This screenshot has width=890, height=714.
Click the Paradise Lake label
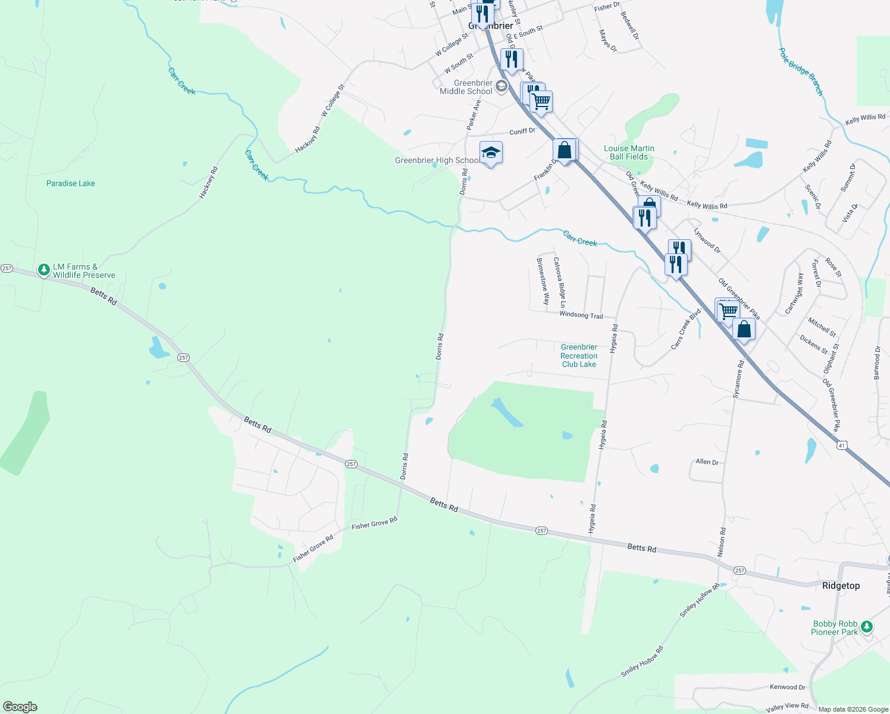[70, 183]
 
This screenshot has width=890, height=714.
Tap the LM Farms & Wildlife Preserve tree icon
[43, 270]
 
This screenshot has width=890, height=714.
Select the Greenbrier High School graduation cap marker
[491, 154]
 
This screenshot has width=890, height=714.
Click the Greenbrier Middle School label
[466, 87]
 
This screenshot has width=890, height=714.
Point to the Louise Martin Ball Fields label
[629, 152]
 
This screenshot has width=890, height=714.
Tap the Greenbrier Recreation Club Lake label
[579, 356]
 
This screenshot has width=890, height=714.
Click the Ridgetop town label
[841, 585]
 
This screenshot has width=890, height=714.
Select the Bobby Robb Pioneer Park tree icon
[867, 626]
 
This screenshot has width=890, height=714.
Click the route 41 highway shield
[841, 445]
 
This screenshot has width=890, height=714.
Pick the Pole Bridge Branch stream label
[801, 71]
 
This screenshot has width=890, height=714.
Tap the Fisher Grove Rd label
[374, 524]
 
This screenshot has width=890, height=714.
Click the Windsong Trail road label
[581, 315]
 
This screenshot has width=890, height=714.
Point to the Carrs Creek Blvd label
[686, 328]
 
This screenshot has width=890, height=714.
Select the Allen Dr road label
[707, 462]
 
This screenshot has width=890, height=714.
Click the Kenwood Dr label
[787, 687]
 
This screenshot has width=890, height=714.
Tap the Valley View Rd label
[787, 706]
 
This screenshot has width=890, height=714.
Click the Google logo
[20, 707]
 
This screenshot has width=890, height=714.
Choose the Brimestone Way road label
[543, 281]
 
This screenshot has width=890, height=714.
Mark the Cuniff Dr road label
[522, 131]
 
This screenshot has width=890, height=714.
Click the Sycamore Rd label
[738, 379]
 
